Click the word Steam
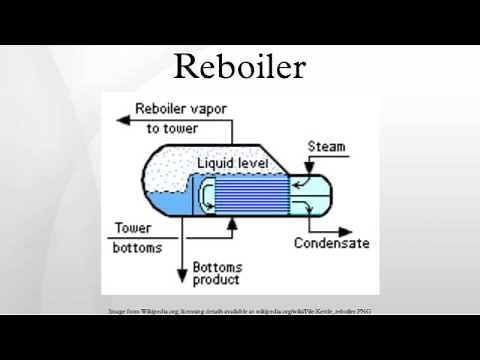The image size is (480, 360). click(326, 146)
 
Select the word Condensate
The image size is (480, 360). click(331, 243)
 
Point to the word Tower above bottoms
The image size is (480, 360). click(133, 227)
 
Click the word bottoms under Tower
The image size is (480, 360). click(134, 247)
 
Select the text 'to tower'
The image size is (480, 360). click(174, 128)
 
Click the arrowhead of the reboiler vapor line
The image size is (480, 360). click(123, 118)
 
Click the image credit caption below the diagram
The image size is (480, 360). click(239, 312)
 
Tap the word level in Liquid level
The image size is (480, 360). click(260, 163)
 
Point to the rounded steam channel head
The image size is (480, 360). click(316, 194)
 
